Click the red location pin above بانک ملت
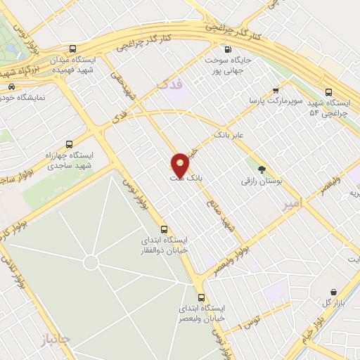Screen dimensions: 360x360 pos(181,164)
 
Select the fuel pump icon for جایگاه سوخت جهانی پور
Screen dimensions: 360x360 pos(226,49)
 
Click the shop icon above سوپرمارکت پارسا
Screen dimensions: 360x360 pos(276,90)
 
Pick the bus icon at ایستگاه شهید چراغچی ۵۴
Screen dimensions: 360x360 pos(328,91)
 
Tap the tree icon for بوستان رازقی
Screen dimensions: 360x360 pos(262,169)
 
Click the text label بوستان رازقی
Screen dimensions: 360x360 pos(262,181)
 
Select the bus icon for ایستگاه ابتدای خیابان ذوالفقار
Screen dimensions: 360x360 pos(165,229)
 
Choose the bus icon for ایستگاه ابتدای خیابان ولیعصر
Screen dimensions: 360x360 pos(202,297)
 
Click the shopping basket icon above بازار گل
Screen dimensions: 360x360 pos(334,290)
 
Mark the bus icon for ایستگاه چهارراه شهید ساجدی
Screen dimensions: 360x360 pos(67,142)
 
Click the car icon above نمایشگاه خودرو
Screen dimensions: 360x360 pos(11,87)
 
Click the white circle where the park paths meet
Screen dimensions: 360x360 pos(90,262)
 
